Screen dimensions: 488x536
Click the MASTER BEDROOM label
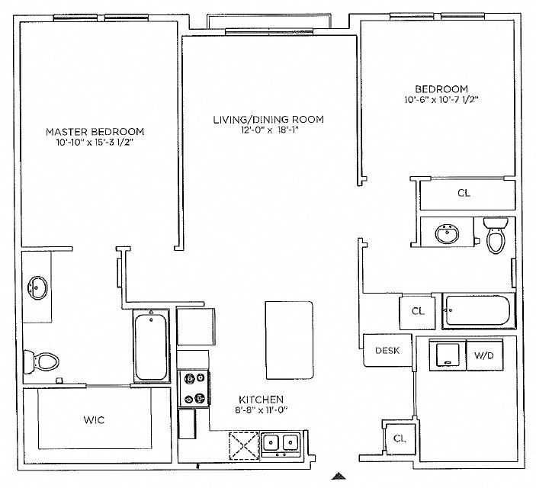(100, 131)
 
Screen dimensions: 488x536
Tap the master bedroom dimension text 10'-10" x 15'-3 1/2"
(100, 142)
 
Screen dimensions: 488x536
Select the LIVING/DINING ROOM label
(268, 120)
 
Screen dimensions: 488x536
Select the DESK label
(387, 352)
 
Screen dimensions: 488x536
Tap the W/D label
(483, 355)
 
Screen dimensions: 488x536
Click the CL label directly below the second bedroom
(464, 193)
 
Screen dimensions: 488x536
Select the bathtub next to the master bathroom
(151, 346)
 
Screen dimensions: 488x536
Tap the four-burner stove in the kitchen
(191, 388)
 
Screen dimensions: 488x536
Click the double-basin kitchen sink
(280, 443)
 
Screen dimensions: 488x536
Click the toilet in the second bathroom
(495, 237)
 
